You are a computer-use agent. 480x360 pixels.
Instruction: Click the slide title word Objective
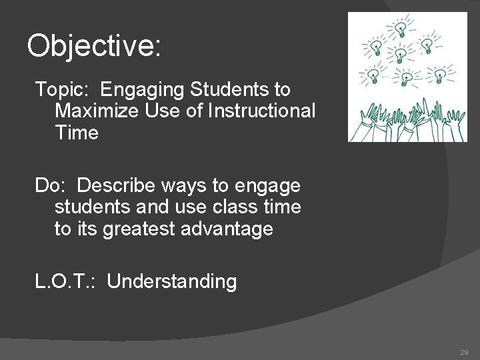click(93, 46)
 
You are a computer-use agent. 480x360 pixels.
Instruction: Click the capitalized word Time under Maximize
click(77, 133)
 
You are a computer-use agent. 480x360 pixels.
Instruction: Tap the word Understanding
click(171, 282)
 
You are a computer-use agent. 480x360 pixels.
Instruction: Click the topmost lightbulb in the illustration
click(401, 27)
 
